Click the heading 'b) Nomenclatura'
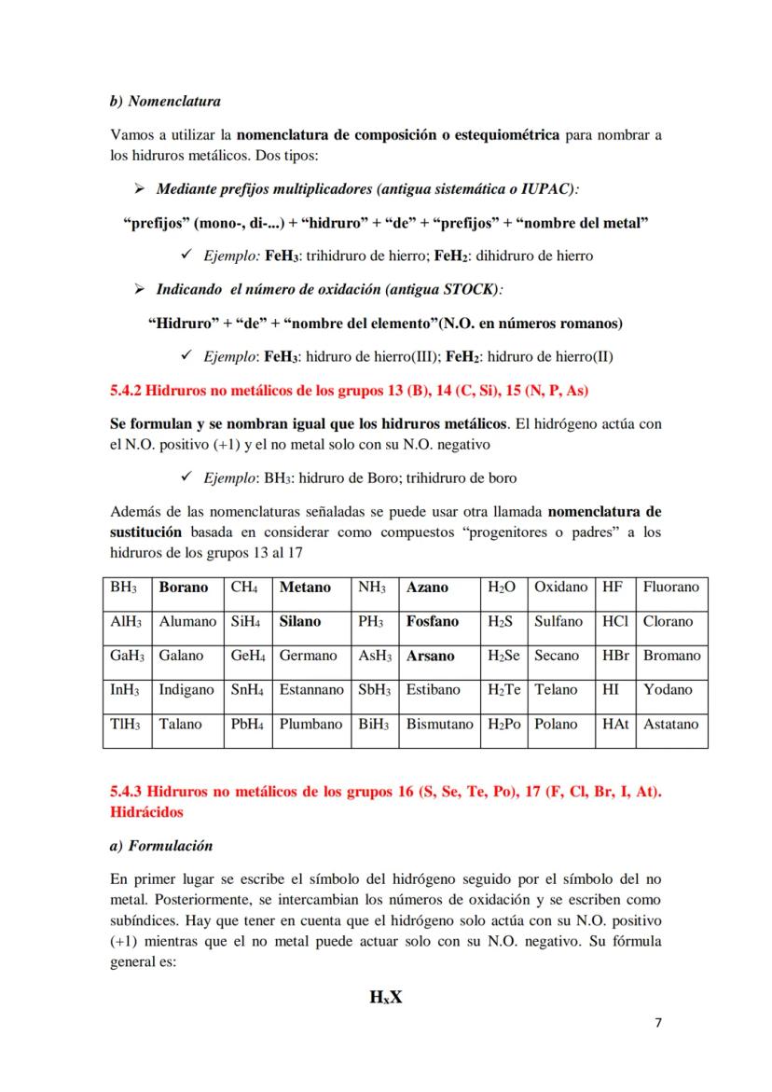click(x=165, y=101)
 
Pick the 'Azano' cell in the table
click(x=427, y=587)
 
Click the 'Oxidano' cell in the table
click(x=560, y=587)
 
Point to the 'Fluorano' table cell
click(x=670, y=587)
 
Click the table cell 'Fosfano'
click(x=433, y=621)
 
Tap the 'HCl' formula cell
click(x=615, y=621)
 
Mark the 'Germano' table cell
click(x=308, y=656)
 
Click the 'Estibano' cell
click(x=434, y=690)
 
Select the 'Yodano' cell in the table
click(x=668, y=690)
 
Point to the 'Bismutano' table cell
click(x=440, y=725)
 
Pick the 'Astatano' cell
click(x=670, y=725)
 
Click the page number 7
click(x=658, y=1023)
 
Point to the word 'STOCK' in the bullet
click(x=466, y=289)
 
